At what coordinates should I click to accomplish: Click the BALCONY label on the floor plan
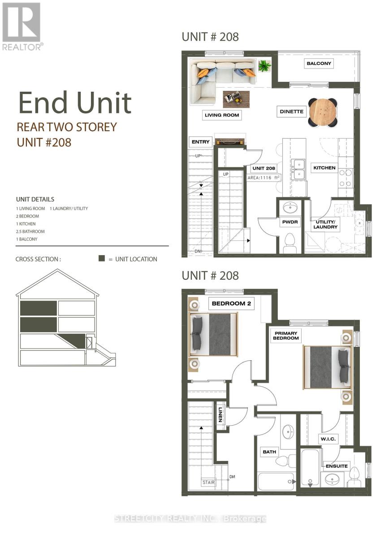pos(319,64)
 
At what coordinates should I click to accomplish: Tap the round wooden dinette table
pos(323,112)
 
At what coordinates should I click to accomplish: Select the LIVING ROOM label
pos(222,115)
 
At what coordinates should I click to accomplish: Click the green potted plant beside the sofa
pos(264,67)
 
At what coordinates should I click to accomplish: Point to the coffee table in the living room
pos(236,99)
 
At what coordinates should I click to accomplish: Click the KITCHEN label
pos(324,168)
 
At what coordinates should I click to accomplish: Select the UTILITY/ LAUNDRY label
pos(325,224)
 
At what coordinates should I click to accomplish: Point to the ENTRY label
pos(200,142)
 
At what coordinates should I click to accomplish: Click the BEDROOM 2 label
pos(231,304)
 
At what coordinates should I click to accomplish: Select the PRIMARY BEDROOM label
pos(286,335)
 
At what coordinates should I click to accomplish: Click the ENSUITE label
pos(337,466)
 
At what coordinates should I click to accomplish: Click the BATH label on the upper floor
pos(269,452)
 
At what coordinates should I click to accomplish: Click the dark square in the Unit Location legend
pos(102,259)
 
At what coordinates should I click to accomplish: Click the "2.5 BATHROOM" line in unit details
pos(30,231)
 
